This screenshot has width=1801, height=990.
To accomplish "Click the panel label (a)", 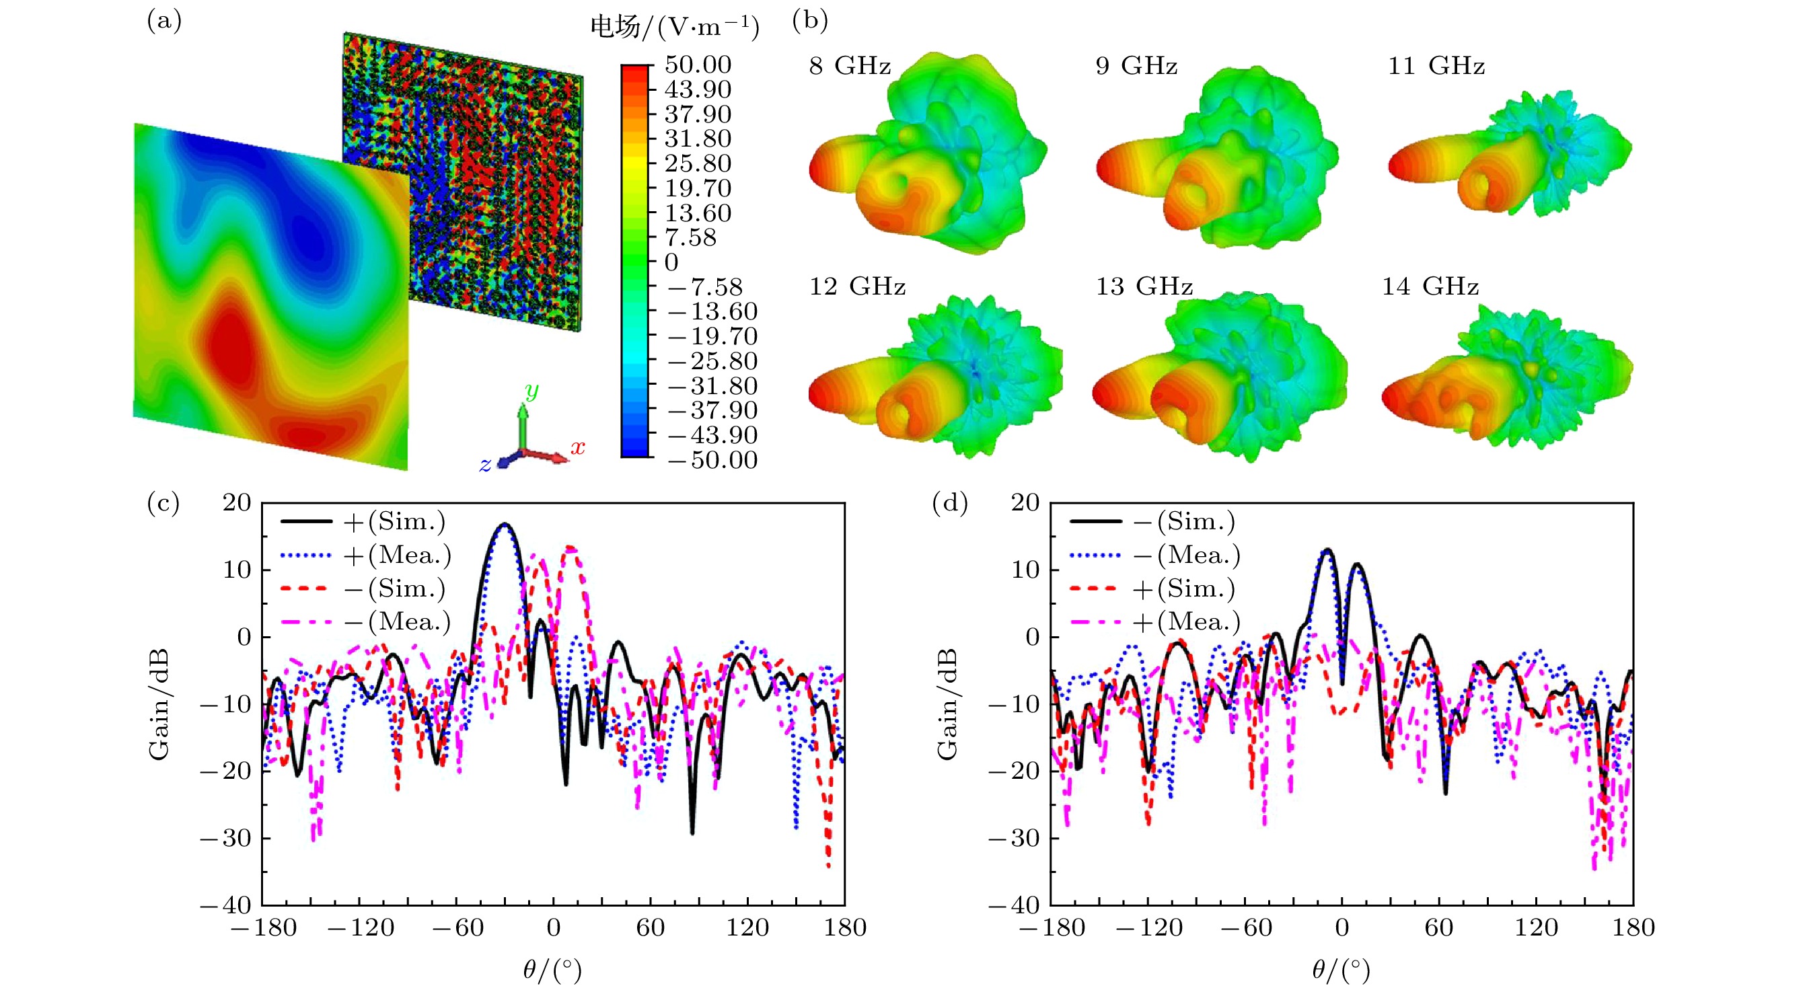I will tap(163, 21).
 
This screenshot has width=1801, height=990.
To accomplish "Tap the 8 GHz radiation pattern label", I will tap(850, 66).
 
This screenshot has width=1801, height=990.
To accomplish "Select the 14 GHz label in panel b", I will tap(1430, 287).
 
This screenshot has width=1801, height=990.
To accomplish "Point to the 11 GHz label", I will tap(1436, 66).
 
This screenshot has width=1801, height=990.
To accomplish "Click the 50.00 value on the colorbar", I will tap(697, 65).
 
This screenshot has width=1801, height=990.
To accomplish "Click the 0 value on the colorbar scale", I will tap(671, 262).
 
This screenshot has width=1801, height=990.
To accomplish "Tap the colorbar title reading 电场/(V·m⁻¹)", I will tap(674, 28).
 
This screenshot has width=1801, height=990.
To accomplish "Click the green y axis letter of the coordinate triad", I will tap(531, 391).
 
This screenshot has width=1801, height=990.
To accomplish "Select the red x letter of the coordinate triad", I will tap(577, 447).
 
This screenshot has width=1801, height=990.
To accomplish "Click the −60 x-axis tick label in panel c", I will tap(457, 927).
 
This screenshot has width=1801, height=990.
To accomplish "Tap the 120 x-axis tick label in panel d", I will tap(1536, 927).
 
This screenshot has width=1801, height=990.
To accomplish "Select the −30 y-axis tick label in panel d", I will tap(1014, 838).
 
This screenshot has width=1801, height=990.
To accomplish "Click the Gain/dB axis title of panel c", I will tap(159, 703).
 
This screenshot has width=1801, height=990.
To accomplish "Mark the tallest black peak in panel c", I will tap(505, 524).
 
